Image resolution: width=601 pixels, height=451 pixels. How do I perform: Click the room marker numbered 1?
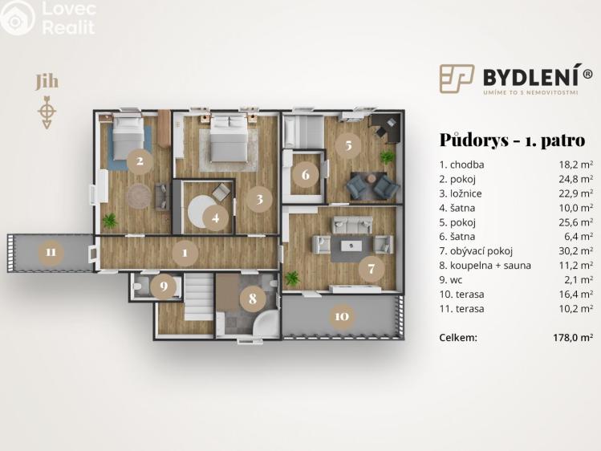(185, 253)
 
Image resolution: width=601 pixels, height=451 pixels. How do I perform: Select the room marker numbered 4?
(214, 217)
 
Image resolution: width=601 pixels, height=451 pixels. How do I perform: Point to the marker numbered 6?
(306, 173)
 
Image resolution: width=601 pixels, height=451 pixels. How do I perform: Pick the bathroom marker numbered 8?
(253, 299)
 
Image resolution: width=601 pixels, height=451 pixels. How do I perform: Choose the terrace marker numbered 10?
(341, 316)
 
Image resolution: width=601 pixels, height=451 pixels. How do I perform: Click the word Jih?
(47, 82)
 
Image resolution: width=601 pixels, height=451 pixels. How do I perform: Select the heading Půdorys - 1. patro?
(512, 140)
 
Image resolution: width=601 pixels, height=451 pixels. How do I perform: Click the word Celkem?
(458, 337)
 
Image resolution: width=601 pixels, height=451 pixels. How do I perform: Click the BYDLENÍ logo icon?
(457, 78)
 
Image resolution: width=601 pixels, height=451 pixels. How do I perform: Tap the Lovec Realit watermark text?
(67, 18)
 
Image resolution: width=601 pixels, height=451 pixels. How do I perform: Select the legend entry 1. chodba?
(461, 165)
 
